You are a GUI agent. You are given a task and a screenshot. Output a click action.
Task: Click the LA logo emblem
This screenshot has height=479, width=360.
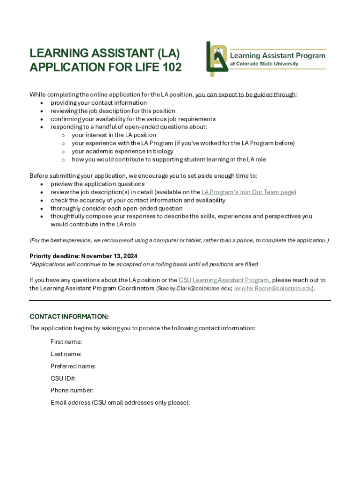[217, 58]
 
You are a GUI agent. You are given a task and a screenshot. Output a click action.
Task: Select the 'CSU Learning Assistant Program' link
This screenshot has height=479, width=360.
[224, 280]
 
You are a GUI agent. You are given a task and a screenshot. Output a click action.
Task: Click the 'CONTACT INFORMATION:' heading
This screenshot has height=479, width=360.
[69, 317]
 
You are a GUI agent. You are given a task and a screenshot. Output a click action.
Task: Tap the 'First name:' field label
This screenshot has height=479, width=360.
[66, 342]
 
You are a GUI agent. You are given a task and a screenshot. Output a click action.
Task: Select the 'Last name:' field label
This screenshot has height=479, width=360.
[66, 354]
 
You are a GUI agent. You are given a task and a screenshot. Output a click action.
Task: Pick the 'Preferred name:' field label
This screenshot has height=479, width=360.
[73, 366]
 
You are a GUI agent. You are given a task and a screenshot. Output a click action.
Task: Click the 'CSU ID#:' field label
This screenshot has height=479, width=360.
[63, 378]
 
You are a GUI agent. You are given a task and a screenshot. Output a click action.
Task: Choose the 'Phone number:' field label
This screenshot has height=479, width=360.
[72, 391]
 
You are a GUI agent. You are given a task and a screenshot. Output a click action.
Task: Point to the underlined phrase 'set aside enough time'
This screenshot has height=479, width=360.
[218, 176]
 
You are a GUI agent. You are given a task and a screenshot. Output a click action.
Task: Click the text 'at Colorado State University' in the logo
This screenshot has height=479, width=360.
[264, 64]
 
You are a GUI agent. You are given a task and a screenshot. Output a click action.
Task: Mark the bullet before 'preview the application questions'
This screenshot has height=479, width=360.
[43, 184]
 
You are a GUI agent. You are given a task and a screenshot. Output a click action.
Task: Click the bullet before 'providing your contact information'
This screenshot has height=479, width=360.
[43, 103]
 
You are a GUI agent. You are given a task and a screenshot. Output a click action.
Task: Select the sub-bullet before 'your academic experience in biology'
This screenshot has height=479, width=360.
[63, 152]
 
